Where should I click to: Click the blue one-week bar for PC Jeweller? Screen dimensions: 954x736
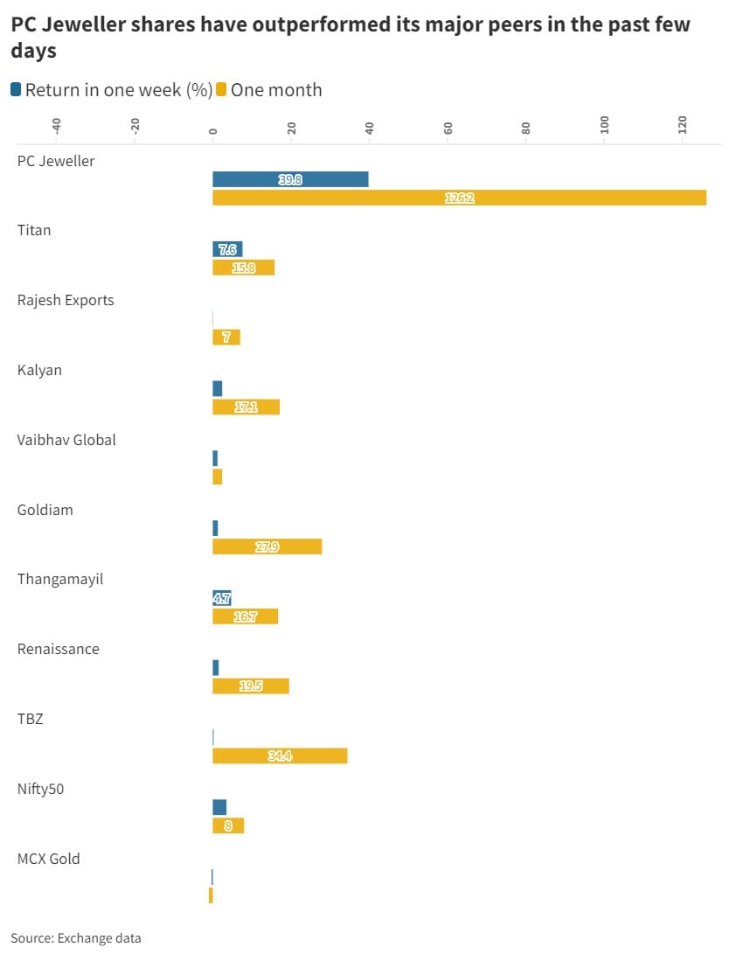coord(290,179)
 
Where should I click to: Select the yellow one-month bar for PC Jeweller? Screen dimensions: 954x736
coord(459,198)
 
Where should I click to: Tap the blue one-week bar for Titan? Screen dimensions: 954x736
coord(227,249)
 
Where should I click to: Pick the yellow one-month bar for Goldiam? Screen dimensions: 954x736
coord(267,547)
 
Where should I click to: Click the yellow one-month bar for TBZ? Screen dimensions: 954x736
coord(280,756)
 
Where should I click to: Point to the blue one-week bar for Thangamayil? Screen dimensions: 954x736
coord(222,598)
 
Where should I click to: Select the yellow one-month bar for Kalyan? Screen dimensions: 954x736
coord(246,407)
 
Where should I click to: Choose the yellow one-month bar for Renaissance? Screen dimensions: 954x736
coord(250,686)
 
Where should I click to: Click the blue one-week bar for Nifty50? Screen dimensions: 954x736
coord(219,807)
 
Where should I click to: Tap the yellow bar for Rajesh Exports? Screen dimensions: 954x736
coord(226,337)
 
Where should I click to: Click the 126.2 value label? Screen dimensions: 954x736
coord(459,198)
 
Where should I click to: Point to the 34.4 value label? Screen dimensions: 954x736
coord(280,756)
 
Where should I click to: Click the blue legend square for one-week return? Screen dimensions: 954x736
coord(16,89)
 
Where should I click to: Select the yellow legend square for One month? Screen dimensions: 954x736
coord(222,89)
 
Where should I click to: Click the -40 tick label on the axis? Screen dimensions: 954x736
coord(56,126)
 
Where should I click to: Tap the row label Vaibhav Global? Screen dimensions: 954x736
coord(66,440)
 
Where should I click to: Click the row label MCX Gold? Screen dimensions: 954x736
coord(49,859)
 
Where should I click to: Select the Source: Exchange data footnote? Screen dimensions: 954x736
coord(75,938)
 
